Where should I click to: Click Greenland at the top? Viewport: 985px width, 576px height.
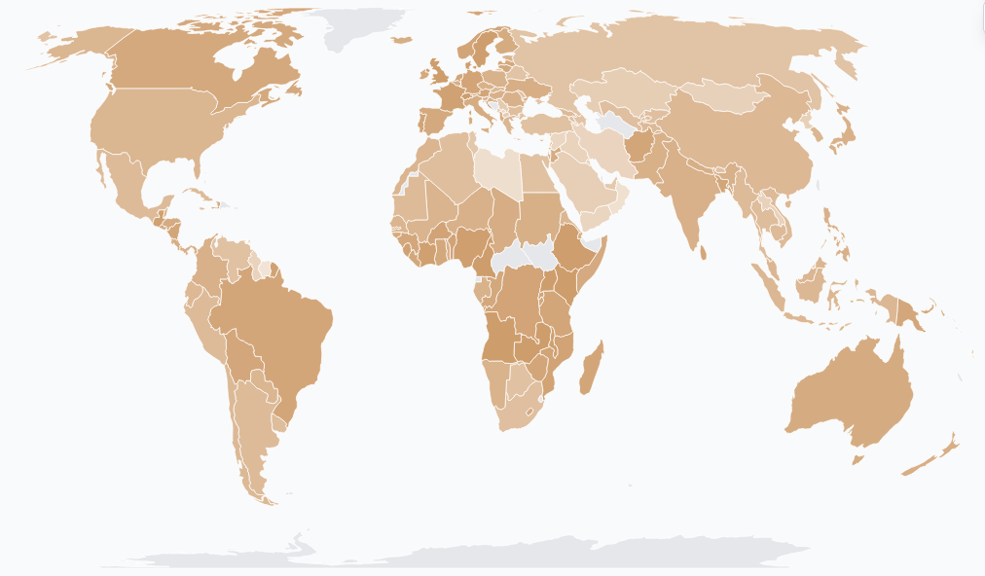365,24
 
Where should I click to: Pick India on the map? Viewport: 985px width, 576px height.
686,195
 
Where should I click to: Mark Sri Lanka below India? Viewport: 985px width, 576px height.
704,252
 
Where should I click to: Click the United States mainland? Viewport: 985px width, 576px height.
165,126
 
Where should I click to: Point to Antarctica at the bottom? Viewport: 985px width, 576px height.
487,557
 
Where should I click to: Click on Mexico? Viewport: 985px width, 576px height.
127,185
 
